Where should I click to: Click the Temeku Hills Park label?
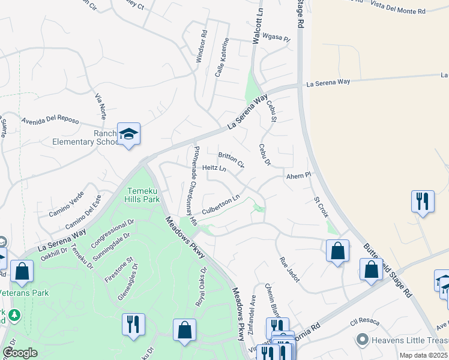coord(142,196)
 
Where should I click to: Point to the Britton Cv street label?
coord(231,160)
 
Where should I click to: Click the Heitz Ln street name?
coord(214,169)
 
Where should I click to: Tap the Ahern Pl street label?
coord(299,176)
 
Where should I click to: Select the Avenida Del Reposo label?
coord(50,119)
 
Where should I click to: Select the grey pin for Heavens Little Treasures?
coord(361,340)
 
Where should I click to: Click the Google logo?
coord(20,353)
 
